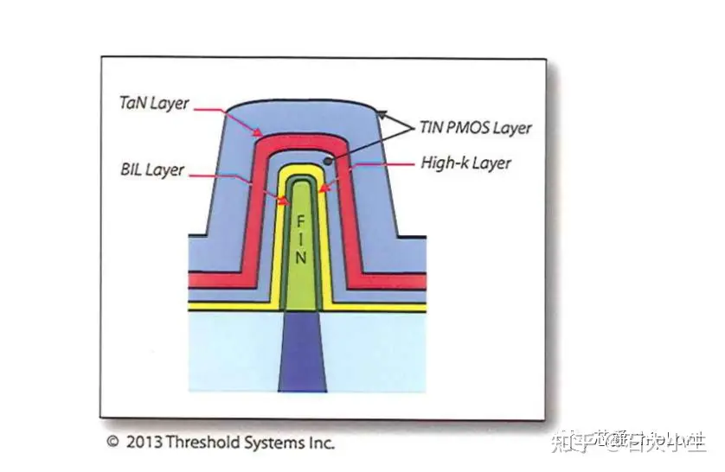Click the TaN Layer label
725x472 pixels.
(x=154, y=102)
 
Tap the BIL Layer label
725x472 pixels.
(x=152, y=169)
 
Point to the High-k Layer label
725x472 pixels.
(x=465, y=163)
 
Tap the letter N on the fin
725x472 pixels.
(x=299, y=258)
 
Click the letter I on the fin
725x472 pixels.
(x=299, y=239)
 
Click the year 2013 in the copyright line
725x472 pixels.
(x=144, y=443)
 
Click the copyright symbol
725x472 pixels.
(x=112, y=443)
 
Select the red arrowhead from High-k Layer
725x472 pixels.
(x=321, y=188)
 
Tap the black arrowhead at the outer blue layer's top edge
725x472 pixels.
(x=380, y=112)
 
